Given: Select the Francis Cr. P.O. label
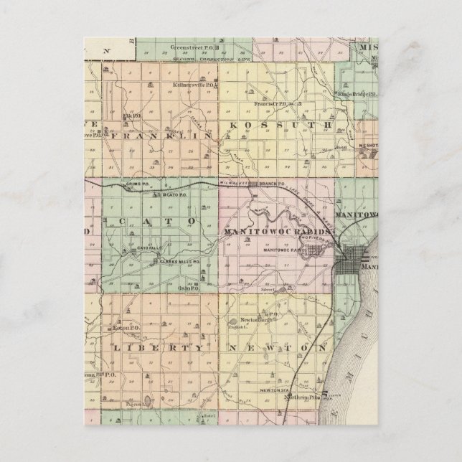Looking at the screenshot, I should (x=270, y=104).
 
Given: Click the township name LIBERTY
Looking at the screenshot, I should (x=154, y=348).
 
